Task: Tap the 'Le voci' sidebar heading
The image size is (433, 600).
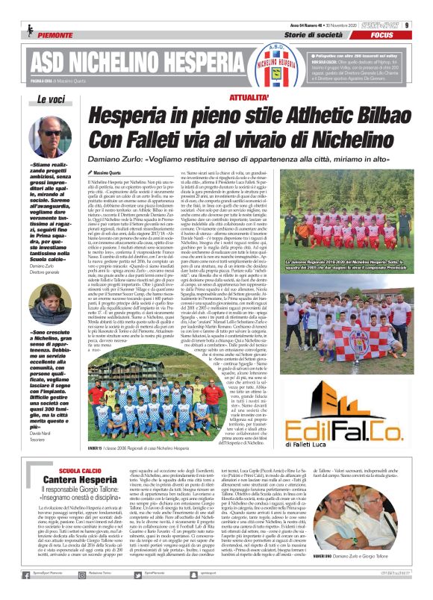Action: click(52, 99)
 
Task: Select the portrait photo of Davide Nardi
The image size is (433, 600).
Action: click(52, 308)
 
